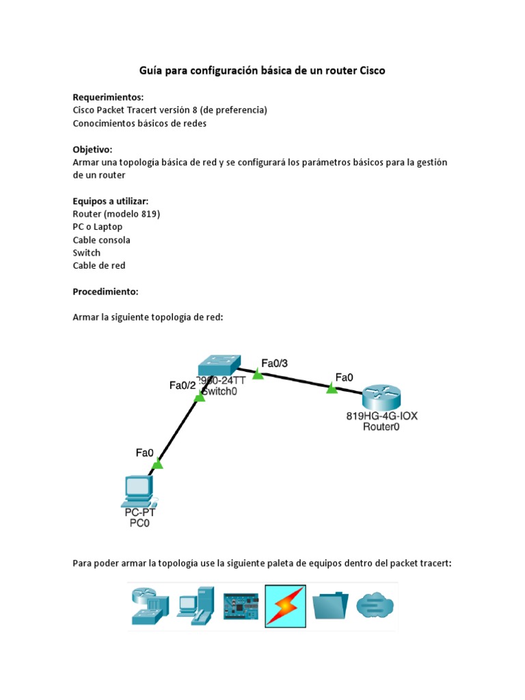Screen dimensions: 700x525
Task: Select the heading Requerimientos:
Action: click(108, 97)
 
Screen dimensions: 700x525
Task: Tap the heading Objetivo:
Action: click(92, 149)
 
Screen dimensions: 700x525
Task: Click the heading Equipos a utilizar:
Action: click(110, 201)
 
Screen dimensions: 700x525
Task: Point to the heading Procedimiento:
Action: click(105, 292)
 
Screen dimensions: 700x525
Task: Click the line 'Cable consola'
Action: click(101, 240)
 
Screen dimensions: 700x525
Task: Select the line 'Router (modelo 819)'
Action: click(116, 214)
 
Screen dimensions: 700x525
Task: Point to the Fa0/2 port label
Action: click(183, 386)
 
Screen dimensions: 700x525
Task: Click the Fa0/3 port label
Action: click(275, 363)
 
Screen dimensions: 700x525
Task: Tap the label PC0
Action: click(139, 524)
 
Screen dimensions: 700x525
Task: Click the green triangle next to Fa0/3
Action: click(258, 374)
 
